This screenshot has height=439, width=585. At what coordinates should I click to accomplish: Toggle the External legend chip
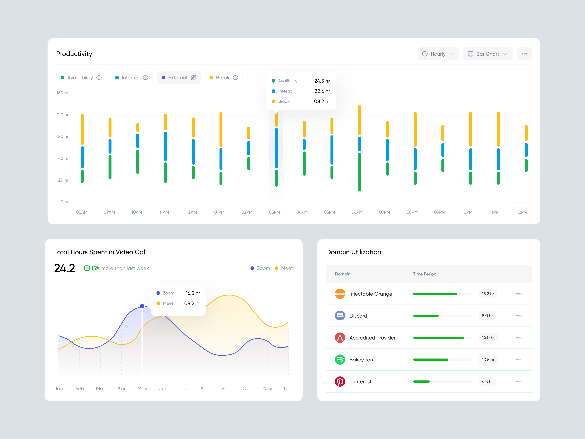click(x=179, y=78)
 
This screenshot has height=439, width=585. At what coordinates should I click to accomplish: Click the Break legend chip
click(x=224, y=78)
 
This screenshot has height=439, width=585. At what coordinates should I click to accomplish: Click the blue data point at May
click(x=142, y=306)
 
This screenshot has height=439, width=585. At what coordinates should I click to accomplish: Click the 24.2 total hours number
click(x=64, y=268)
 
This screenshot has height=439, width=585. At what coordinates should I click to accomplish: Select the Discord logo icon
click(x=340, y=316)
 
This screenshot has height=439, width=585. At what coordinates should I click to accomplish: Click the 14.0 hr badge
click(x=488, y=338)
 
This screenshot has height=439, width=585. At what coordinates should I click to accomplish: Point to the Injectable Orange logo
click(x=340, y=294)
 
